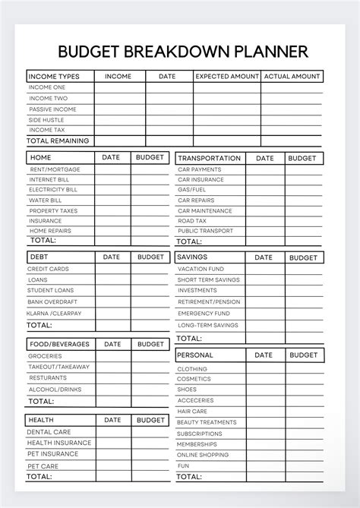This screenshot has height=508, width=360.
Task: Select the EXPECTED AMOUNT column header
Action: [226, 77]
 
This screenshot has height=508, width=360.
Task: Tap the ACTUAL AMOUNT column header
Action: [292, 77]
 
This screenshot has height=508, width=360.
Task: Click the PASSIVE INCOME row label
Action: [52, 109]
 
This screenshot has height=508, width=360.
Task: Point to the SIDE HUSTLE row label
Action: [47, 120]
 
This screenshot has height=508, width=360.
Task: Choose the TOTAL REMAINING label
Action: [58, 140]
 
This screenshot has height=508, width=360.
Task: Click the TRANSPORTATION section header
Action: [209, 159]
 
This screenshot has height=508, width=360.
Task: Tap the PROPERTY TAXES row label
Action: [53, 210]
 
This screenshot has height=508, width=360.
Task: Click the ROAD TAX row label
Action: [192, 221]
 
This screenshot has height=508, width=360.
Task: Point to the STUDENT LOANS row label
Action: [52, 290]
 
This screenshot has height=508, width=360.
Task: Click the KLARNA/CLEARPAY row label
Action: [55, 313]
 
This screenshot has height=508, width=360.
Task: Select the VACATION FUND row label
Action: [201, 269]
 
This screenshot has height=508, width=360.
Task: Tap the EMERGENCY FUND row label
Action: [204, 313]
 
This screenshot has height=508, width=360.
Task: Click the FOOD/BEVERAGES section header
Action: [58, 344]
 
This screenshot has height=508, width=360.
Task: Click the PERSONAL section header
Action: [195, 355]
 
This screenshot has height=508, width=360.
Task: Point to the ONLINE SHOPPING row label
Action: [202, 455]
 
